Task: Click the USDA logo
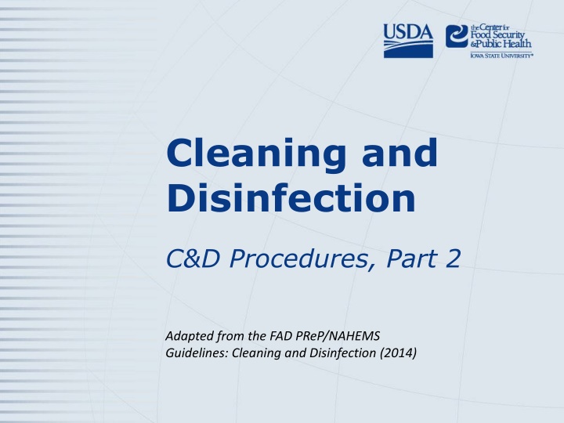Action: point(408,41)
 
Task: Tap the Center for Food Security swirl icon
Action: point(457,36)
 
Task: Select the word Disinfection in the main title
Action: point(291,197)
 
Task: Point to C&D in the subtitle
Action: point(193,258)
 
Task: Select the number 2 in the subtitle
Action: point(454,258)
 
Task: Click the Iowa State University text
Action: point(502,56)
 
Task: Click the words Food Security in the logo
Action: point(498,35)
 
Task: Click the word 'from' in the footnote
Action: point(231,336)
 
